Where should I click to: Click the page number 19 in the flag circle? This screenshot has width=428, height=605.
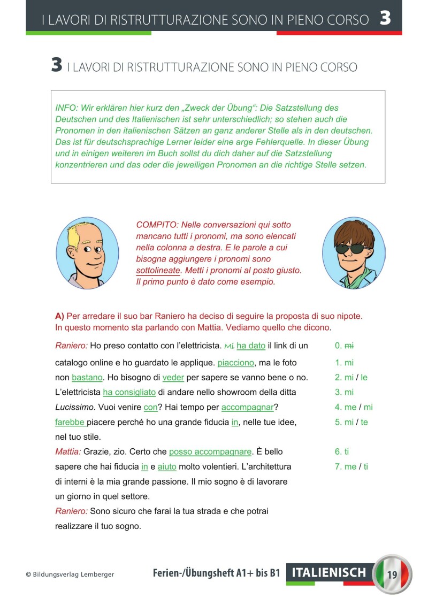point(392,576)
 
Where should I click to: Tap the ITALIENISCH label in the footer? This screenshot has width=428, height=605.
point(329,573)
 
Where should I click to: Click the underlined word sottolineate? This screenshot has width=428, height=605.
point(158,271)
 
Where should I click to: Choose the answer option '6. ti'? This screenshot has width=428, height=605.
point(342,452)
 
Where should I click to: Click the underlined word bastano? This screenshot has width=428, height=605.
point(87,378)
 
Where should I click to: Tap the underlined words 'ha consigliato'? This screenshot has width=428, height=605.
point(129,392)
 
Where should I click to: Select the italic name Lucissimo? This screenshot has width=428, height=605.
point(74,407)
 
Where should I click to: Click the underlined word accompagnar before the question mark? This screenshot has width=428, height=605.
point(247,407)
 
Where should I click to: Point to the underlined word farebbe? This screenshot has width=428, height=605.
point(70,422)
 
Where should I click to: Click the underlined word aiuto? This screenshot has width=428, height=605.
point(167,467)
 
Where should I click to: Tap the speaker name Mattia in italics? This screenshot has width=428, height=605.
point(67,452)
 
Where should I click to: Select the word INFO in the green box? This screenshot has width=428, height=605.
point(65,108)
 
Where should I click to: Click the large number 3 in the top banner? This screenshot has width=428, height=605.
point(385,18)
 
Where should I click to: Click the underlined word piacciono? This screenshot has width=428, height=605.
point(236,363)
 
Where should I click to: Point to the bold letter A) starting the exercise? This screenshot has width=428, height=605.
point(59,316)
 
